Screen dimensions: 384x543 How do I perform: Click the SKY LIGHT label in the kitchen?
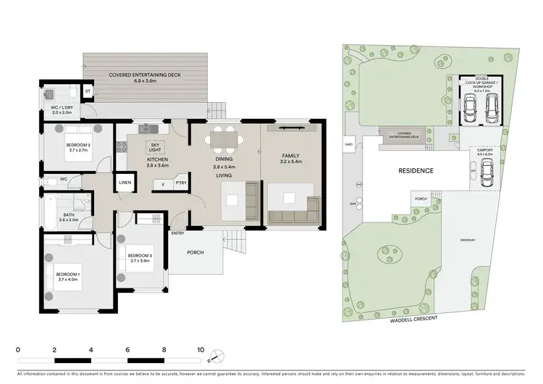(x=154, y=147)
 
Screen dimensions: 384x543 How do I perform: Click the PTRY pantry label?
(x=180, y=183)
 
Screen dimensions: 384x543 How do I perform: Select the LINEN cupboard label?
(x=125, y=183)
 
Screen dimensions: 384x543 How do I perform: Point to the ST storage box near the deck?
(x=87, y=92)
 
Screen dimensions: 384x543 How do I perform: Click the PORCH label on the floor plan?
(x=195, y=253)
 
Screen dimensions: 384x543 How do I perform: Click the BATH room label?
(x=67, y=216)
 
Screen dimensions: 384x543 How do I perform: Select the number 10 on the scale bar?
(x=201, y=349)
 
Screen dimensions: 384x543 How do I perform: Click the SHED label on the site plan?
(x=349, y=144)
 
